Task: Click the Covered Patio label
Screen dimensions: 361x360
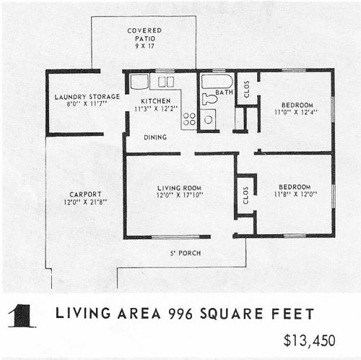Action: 144,35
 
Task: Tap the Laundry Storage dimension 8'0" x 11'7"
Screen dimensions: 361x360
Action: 87,104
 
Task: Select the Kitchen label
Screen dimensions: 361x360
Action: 156,101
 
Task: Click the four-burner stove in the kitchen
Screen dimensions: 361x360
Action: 189,119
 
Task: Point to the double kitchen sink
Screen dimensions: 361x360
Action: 166,82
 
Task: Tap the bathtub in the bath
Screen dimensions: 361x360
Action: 217,82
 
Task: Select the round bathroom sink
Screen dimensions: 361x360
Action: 209,119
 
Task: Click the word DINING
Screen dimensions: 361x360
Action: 155,137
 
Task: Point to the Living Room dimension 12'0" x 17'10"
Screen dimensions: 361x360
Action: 180,195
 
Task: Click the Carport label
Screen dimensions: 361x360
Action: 85,194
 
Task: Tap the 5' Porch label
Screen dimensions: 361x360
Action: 186,253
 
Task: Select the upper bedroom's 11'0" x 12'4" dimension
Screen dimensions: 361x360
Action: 296,112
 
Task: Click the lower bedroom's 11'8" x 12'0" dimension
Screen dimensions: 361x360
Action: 295,194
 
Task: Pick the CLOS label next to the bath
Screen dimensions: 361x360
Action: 246,89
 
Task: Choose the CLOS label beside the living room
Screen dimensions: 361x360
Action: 245,195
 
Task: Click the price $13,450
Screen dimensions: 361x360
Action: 309,340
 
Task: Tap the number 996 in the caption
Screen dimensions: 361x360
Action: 180,314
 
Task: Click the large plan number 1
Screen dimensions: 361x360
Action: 22,316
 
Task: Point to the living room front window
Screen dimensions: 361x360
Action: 175,237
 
